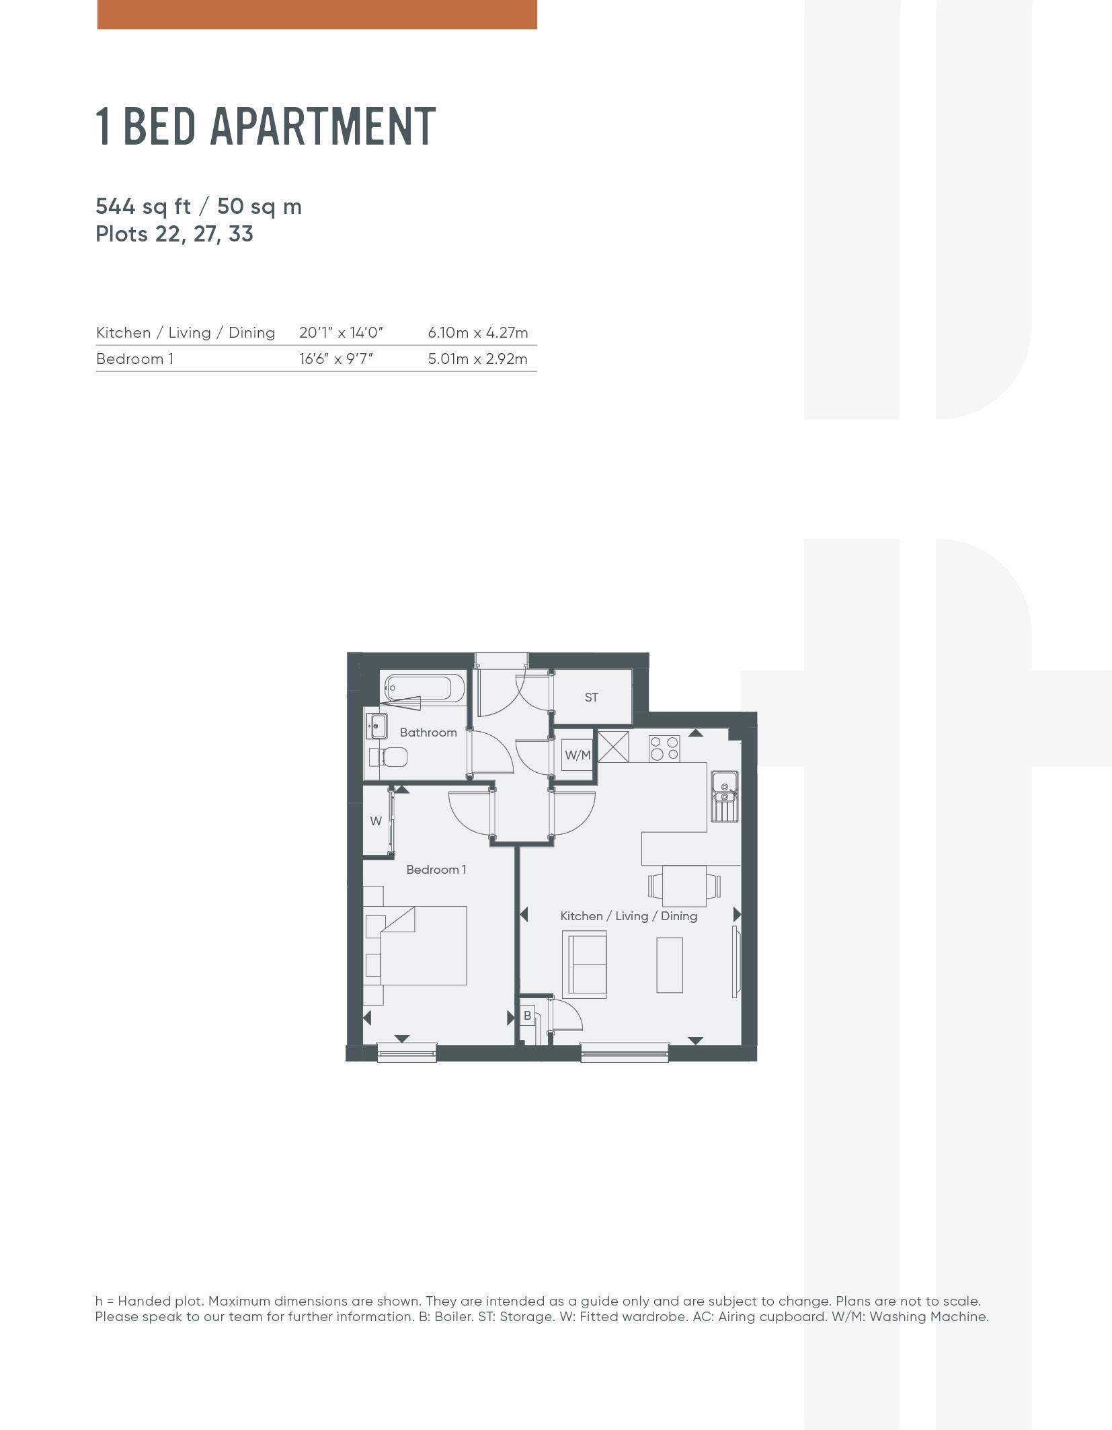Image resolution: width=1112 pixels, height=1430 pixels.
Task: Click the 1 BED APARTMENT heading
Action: [266, 126]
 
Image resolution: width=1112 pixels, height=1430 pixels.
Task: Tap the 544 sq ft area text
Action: [143, 206]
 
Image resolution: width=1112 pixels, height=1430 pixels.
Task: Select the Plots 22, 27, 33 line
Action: [174, 234]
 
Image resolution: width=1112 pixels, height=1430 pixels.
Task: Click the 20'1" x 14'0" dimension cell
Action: [341, 332]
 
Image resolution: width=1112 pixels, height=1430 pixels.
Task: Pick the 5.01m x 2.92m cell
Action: [478, 359]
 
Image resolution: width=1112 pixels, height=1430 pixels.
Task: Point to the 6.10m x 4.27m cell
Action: [478, 332]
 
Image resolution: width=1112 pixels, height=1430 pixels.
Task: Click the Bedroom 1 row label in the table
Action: [134, 359]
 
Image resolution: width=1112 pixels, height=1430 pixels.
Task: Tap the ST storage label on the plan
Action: [591, 698]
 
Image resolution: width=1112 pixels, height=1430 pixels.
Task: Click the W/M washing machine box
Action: [578, 755]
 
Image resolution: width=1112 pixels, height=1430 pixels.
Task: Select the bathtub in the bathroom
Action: [418, 689]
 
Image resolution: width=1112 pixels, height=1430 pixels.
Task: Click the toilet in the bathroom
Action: [388, 758]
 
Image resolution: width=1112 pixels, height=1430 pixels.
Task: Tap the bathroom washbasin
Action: [376, 726]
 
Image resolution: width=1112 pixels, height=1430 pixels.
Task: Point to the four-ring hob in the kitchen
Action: [664, 749]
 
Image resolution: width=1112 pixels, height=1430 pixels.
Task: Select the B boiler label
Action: [527, 1015]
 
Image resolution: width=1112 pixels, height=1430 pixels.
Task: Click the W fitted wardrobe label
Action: [376, 821]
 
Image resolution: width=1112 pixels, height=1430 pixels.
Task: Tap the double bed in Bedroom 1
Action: [416, 946]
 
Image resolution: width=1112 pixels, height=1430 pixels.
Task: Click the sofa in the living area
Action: [585, 964]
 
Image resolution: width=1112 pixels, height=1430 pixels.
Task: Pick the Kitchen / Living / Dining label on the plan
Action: [629, 916]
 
